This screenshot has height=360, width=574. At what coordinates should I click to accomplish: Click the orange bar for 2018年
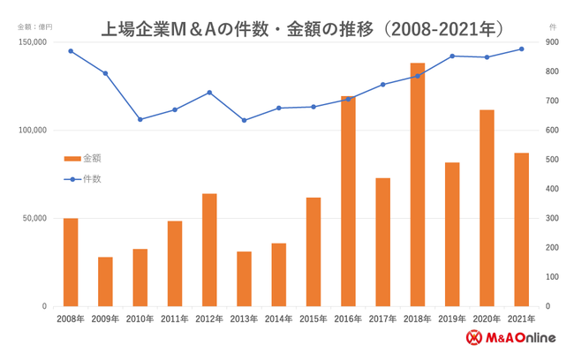click(x=417, y=184)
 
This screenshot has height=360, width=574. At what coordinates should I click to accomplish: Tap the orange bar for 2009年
click(x=105, y=281)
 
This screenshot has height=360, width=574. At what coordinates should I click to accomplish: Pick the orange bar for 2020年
click(x=487, y=207)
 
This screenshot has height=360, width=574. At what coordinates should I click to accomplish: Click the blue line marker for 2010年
click(x=140, y=119)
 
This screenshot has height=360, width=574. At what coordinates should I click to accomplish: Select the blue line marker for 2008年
click(x=71, y=51)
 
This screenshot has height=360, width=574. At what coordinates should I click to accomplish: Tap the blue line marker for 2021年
click(x=521, y=49)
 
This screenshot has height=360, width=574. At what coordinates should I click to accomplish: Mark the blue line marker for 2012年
click(x=209, y=92)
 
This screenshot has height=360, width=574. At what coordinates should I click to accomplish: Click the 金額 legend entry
click(x=84, y=159)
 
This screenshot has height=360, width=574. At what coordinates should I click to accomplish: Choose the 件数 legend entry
click(x=84, y=178)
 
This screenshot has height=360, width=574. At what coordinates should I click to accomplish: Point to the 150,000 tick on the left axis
click(x=34, y=42)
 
